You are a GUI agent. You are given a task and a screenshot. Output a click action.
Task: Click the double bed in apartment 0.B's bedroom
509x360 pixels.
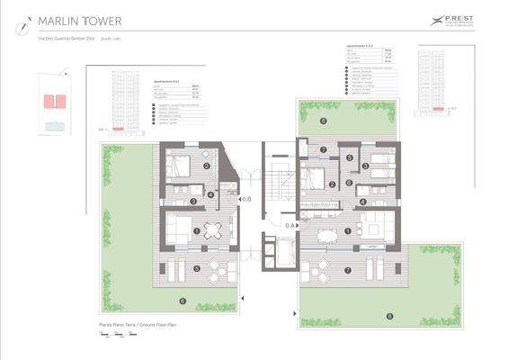[177, 166]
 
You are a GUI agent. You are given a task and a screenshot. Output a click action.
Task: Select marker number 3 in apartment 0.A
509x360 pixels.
[366, 166]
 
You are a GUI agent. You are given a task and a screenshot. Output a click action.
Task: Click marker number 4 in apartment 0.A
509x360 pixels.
[363, 202]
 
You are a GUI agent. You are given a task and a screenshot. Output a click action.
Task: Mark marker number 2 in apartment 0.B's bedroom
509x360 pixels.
[206, 166]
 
